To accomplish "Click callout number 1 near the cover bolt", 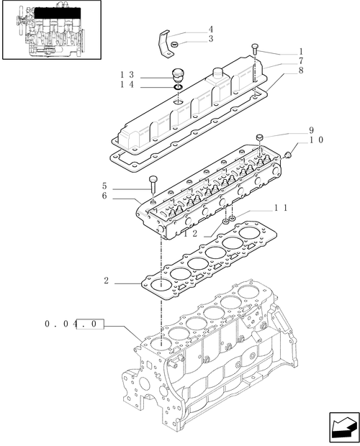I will pyautogui.click(x=280, y=51).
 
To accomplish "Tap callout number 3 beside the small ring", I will pyautogui.click(x=210, y=39).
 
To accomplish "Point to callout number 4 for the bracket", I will pyautogui.click(x=210, y=29).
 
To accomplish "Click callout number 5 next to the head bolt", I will pyautogui.click(x=106, y=185).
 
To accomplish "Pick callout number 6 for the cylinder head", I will pyautogui.click(x=106, y=196).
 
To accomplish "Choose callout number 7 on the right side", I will pyautogui.click(x=280, y=61).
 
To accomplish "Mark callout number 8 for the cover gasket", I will pyautogui.click(x=280, y=70).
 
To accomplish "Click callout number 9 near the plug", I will pyautogui.click(x=311, y=130).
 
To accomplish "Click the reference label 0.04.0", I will pyautogui.click(x=75, y=324).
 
